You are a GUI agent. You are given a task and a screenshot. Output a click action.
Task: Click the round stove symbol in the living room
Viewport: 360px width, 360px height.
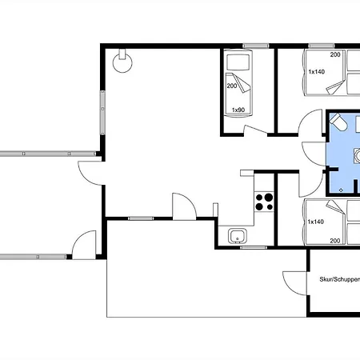tap(122, 63)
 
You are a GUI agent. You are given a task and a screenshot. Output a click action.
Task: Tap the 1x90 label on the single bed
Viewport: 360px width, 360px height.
tap(237, 110)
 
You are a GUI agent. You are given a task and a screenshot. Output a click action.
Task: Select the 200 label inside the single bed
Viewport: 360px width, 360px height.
tap(231, 86)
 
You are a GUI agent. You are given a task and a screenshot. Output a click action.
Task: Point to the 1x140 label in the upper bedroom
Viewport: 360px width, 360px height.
tap(316, 71)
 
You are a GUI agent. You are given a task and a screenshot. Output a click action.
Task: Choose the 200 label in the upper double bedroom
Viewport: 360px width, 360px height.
tap(334, 54)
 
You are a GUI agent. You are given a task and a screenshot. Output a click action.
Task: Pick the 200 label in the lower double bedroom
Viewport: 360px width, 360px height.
tap(334, 239)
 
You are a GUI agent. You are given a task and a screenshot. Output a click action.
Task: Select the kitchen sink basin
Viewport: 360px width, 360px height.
tap(237, 236)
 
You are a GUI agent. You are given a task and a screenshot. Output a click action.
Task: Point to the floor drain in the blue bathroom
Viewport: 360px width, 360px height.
tap(342, 189)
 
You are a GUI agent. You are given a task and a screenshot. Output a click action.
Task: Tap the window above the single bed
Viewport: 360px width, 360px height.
tap(237, 48)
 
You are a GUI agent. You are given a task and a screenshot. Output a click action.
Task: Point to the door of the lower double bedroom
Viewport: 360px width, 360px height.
tap(306, 180)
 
